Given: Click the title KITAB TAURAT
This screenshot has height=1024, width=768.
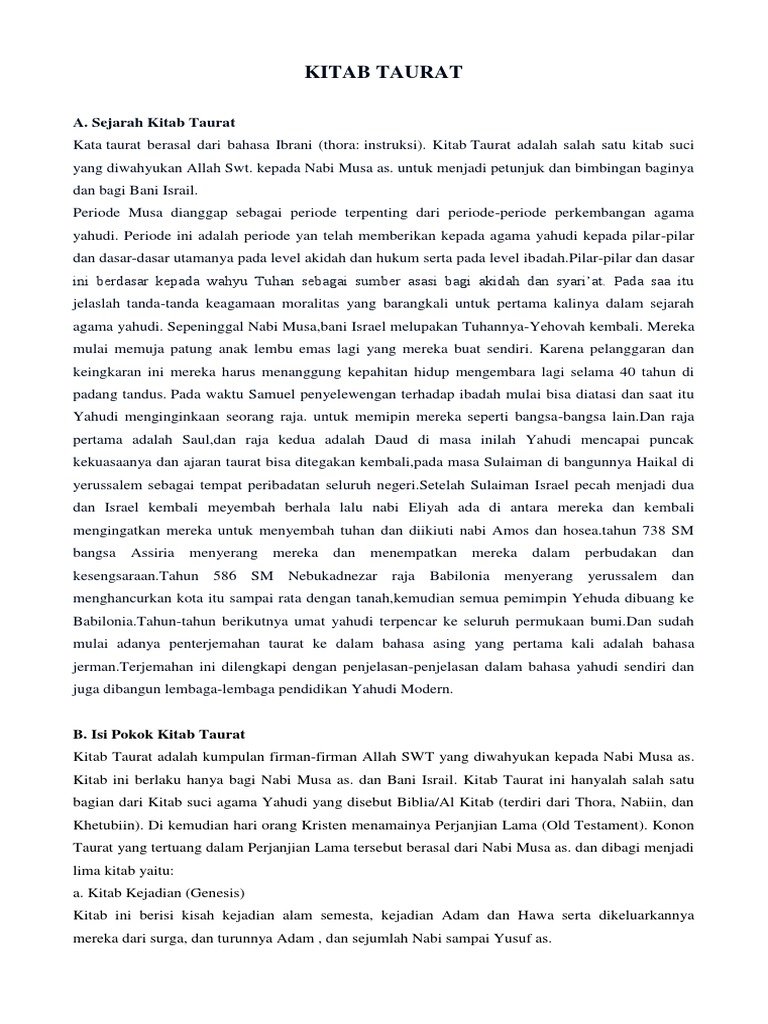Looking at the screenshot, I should (x=383, y=74).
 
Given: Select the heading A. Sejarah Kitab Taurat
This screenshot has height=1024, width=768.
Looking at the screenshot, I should (x=154, y=122).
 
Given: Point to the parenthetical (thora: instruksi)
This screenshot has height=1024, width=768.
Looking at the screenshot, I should (x=379, y=146).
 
